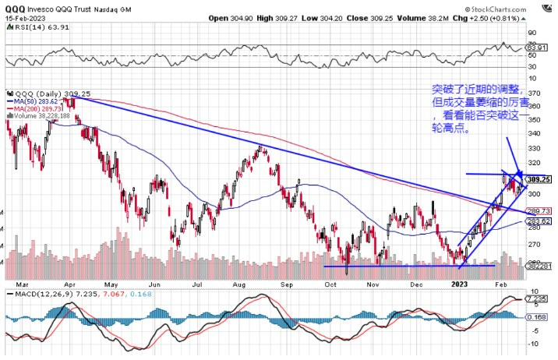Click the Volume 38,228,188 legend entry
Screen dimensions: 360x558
41,115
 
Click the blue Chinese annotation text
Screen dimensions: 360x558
483,109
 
